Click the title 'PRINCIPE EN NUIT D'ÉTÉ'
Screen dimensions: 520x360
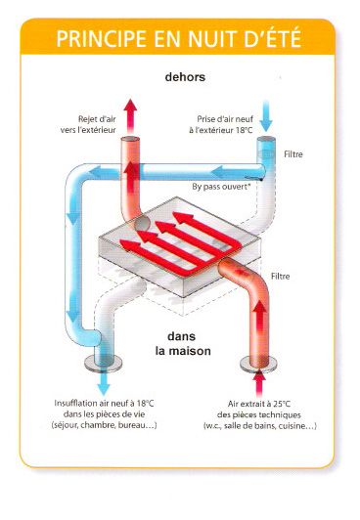click(x=179, y=40)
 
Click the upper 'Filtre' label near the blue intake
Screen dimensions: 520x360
click(x=295, y=153)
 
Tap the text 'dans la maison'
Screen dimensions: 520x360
click(x=179, y=345)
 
